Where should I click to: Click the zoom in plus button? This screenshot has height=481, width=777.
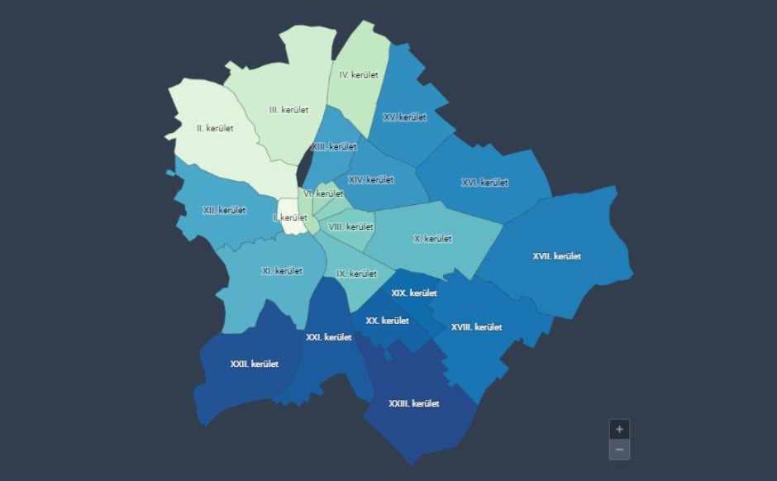click(x=619, y=430)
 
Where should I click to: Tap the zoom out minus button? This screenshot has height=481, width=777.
click(x=619, y=450)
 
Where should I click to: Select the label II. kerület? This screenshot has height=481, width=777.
click(x=215, y=129)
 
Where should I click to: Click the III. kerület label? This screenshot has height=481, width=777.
click(x=288, y=110)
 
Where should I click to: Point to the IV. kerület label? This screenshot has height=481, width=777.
click(x=358, y=75)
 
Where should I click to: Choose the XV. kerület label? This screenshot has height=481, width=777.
click(x=405, y=117)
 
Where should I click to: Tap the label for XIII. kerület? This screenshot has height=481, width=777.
click(x=334, y=147)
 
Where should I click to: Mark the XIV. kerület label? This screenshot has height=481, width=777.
click(x=371, y=180)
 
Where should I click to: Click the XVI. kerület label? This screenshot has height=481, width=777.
click(x=484, y=183)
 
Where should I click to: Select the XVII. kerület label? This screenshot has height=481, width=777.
click(x=557, y=256)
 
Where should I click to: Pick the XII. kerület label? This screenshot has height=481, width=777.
click(x=224, y=210)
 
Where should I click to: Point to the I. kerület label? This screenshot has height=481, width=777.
click(x=290, y=217)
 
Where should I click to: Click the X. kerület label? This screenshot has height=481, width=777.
click(x=432, y=239)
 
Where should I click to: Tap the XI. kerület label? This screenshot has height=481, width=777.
click(x=282, y=271)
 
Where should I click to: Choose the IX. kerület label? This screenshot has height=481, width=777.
click(x=356, y=274)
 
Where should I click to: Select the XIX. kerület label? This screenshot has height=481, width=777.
click(x=414, y=293)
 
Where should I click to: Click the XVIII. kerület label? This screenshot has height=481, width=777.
click(x=476, y=327)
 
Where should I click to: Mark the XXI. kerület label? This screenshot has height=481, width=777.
click(x=328, y=337)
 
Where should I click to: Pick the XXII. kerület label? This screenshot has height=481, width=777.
click(x=254, y=364)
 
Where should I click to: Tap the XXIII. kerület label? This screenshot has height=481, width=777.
click(x=413, y=404)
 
